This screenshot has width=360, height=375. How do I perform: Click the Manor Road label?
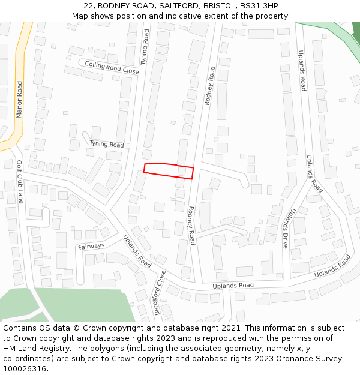coord(19,100)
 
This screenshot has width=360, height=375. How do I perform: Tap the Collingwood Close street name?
coord(112,67)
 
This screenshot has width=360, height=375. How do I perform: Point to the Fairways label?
coord(91,245)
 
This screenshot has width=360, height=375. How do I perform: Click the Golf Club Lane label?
coord(20,181)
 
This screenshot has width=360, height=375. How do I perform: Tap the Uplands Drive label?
coord(289,229)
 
